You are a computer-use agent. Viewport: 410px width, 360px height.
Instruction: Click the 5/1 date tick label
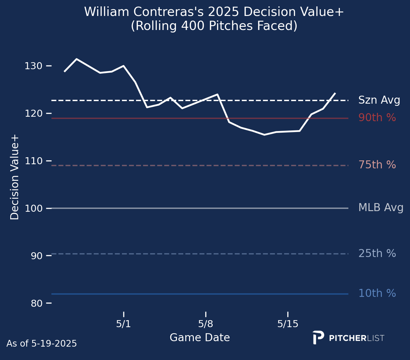coord(124,324)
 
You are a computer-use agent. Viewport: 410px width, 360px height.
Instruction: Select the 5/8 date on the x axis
coord(206,324)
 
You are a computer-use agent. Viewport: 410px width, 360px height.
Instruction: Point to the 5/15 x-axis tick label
coord(288,324)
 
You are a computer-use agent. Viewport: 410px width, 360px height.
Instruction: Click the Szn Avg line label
coord(379,100)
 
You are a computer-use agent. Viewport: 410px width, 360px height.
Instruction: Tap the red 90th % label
coord(377,118)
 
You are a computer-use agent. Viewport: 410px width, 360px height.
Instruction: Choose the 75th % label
coord(377,165)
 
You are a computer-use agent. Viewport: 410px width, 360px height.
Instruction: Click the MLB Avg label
coord(381,208)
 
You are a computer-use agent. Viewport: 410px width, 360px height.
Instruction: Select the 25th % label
coord(377,253)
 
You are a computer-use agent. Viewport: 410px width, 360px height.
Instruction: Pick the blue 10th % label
coord(377,293)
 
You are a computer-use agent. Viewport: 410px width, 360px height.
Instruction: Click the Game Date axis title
coord(200,338)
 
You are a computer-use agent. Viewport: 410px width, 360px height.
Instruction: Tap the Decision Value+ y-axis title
coord(15,177)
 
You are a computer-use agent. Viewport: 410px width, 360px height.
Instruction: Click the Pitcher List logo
coord(348,338)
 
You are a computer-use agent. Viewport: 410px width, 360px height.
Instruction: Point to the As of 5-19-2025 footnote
coord(42,344)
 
